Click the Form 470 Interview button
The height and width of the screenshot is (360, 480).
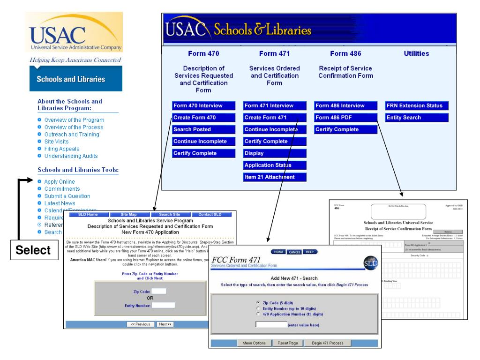(198, 105)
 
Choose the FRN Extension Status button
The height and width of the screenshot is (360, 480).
(414, 105)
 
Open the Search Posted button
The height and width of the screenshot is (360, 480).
(192, 129)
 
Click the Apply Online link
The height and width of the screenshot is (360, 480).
(60, 181)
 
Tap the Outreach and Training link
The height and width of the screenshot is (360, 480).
(72, 134)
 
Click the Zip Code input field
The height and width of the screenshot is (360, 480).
(158, 291)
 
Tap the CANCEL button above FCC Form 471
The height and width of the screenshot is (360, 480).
(294, 252)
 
